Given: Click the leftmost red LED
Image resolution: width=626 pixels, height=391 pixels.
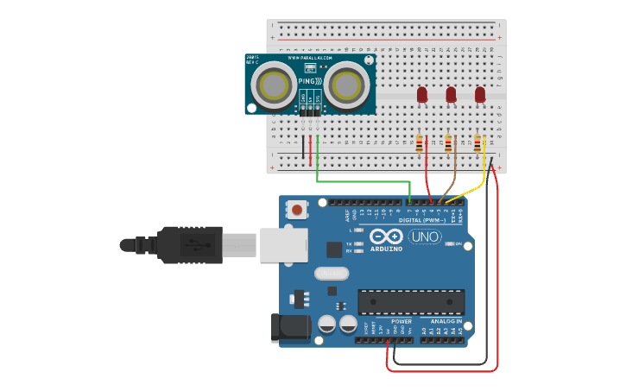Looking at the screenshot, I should (422, 94).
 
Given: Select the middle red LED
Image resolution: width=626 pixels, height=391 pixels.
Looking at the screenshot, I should (451, 94).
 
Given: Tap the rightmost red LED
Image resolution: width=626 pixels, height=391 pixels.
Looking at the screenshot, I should (480, 94).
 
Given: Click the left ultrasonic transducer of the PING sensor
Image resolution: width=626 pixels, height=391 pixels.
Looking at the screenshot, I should (275, 86).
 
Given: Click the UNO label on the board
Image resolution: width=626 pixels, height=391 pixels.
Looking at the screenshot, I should (424, 236).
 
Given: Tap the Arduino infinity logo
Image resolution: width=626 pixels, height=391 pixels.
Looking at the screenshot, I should (386, 236).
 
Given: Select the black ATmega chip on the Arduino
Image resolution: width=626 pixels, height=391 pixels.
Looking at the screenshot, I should (411, 302).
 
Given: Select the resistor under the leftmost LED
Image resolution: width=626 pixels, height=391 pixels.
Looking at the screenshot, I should (420, 143).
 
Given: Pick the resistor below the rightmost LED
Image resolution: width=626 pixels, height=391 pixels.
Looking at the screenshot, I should (477, 143).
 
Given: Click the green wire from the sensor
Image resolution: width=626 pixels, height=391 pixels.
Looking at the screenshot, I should (363, 181).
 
